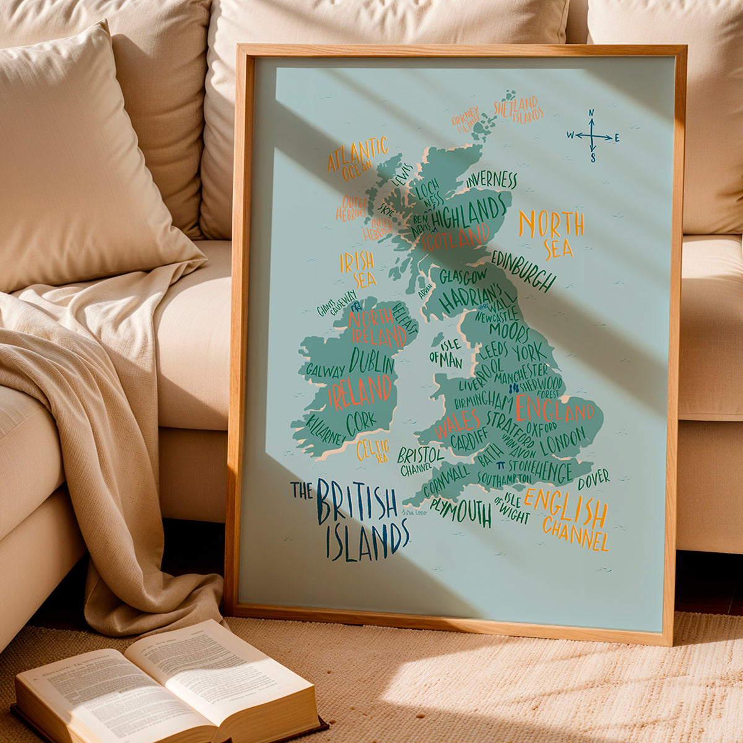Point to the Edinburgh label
pyautogui.click(x=524, y=270)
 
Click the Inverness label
pyautogui.click(x=492, y=180)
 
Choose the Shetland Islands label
pyautogui.click(x=518, y=110)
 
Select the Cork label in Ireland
pyautogui.click(x=360, y=422)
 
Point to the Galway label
pyautogui.click(x=325, y=371)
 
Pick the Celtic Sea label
pyautogui.click(x=373, y=450)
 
